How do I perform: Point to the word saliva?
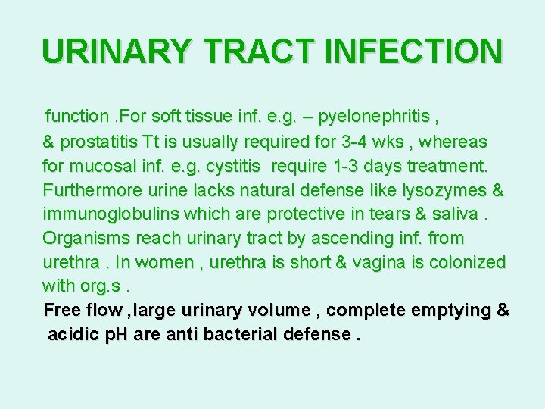[456, 214]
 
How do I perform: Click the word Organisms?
[86, 239]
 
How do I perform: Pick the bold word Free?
[61, 310]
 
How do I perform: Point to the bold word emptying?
[447, 310]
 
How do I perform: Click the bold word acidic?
[70, 334]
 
